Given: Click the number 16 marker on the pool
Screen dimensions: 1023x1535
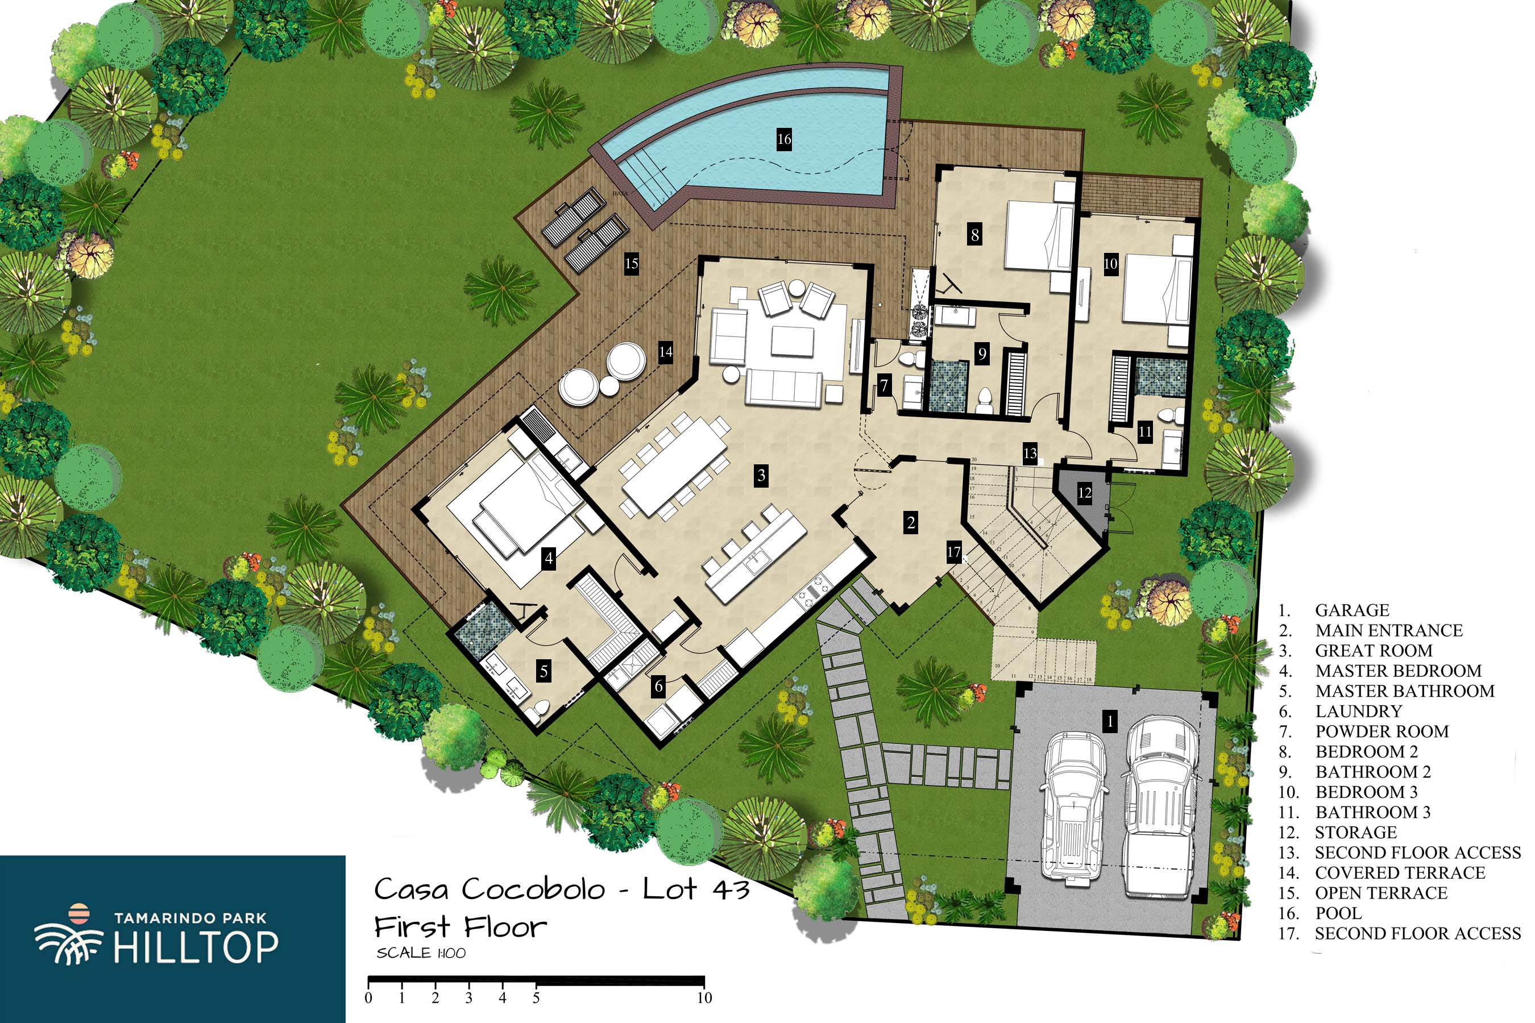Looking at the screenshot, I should (784, 139).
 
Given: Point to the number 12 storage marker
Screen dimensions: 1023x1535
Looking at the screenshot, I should (1084, 493).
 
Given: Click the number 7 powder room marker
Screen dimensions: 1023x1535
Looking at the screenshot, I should (884, 385).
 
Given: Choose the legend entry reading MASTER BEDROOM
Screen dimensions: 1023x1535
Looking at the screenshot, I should (1398, 671).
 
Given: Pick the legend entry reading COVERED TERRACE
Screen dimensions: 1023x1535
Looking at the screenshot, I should (1400, 872).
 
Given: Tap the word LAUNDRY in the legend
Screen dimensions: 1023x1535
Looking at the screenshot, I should (1358, 711).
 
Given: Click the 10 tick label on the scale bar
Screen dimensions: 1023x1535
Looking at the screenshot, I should (704, 997).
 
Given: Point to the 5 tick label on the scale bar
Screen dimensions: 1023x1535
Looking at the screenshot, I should (536, 997).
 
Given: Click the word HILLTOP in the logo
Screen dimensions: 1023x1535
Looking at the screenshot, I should (196, 947).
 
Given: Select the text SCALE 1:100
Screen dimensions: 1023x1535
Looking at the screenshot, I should (421, 953).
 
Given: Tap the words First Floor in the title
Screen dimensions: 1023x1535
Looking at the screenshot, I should (460, 926).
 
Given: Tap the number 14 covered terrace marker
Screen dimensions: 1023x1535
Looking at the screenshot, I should (665, 352).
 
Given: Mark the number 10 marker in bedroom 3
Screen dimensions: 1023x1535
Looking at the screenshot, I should (1110, 264).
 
